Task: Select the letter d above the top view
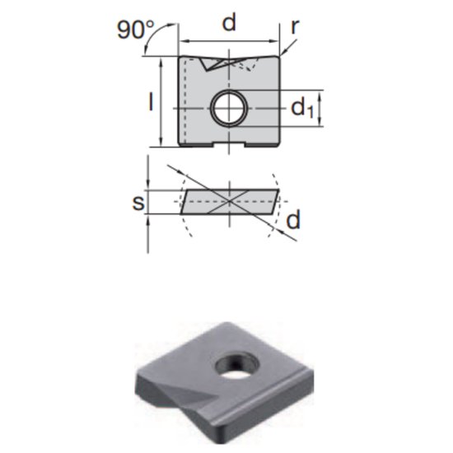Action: [229, 24]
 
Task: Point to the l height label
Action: [151, 102]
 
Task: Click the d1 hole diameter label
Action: [302, 108]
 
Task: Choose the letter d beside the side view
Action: [293, 220]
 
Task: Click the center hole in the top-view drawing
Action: [227, 108]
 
